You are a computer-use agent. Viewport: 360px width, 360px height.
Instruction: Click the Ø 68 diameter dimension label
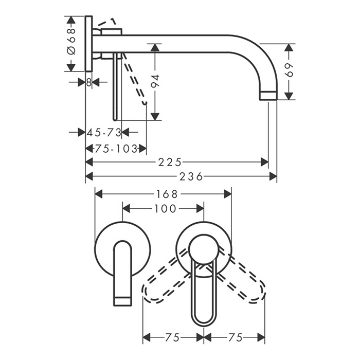pyautogui.click(x=71, y=42)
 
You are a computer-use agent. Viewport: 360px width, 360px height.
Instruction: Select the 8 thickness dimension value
pyautogui.click(x=89, y=82)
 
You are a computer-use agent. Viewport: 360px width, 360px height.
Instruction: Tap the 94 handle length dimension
pyautogui.click(x=155, y=81)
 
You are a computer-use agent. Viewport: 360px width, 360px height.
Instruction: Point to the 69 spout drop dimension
pyautogui.click(x=290, y=70)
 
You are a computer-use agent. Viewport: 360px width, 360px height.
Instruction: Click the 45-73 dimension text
pyautogui.click(x=104, y=133)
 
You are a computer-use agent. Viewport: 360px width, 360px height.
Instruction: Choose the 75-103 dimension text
pyautogui.click(x=116, y=149)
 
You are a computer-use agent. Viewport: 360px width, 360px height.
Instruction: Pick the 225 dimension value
pyautogui.click(x=170, y=163)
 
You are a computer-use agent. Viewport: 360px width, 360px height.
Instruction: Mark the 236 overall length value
pyautogui.click(x=191, y=176)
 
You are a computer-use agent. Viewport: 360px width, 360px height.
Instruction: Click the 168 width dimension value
pyautogui.click(x=167, y=194)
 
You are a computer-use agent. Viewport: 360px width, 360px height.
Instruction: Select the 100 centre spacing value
pyautogui.click(x=165, y=209)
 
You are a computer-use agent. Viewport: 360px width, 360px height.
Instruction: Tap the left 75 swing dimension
pyautogui.click(x=172, y=337)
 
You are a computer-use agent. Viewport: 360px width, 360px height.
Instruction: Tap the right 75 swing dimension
pyautogui.click(x=236, y=337)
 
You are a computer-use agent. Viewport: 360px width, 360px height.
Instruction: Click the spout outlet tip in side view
pyautogui.click(x=268, y=96)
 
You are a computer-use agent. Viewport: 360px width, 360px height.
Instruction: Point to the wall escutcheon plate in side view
pyautogui.click(x=89, y=44)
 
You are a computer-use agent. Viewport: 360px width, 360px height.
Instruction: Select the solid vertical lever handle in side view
pyautogui.click(x=116, y=87)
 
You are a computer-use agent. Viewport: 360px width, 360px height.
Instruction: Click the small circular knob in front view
pyautogui.click(x=203, y=249)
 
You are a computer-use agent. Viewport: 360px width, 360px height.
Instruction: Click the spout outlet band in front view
pyautogui.click(x=123, y=301)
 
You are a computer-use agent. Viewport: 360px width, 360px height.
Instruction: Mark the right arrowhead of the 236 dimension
pyautogui.click(x=273, y=176)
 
